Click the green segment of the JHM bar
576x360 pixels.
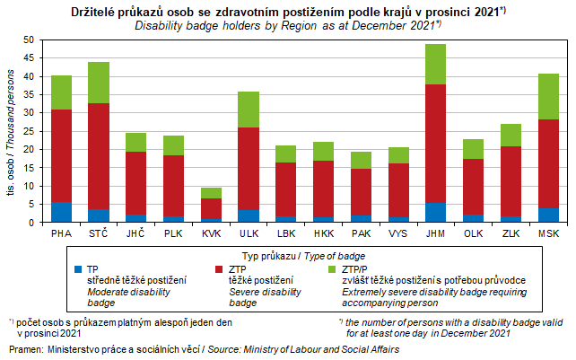435,64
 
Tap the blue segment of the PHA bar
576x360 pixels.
61,212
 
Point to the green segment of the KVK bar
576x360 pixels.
211,192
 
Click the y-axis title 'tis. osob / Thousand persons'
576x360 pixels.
10,131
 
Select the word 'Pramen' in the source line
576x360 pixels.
23,347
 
